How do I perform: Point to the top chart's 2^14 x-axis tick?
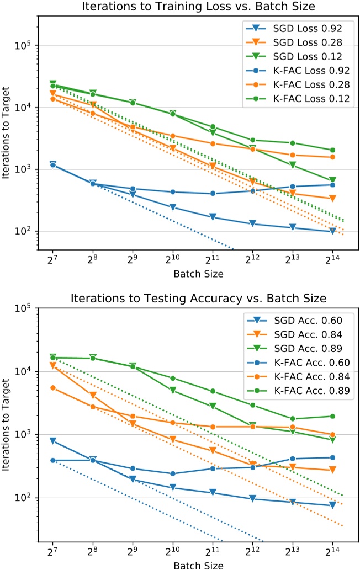[x=332, y=259]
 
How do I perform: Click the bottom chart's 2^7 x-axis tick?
[x=53, y=551]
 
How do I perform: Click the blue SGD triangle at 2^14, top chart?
[x=332, y=231]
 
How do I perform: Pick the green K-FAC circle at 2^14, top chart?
[x=332, y=150]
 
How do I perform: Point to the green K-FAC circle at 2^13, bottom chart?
[x=292, y=419]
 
